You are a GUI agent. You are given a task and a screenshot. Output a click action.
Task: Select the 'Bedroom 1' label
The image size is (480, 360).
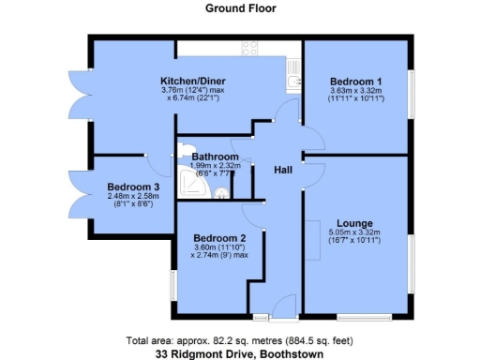tap(354, 82)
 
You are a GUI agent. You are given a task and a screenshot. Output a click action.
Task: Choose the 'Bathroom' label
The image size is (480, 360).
tap(215, 157)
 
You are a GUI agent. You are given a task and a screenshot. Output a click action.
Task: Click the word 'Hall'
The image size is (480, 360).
tap(282, 170)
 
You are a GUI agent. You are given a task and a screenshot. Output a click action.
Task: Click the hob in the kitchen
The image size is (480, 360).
tap(250, 48)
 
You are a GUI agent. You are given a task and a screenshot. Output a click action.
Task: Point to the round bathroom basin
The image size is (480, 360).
tap(222, 193)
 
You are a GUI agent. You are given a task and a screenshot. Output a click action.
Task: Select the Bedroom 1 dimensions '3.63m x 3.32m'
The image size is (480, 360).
tap(354, 91)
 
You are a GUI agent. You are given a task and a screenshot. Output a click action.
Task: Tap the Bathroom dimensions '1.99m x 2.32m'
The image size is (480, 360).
tap(215, 165)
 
